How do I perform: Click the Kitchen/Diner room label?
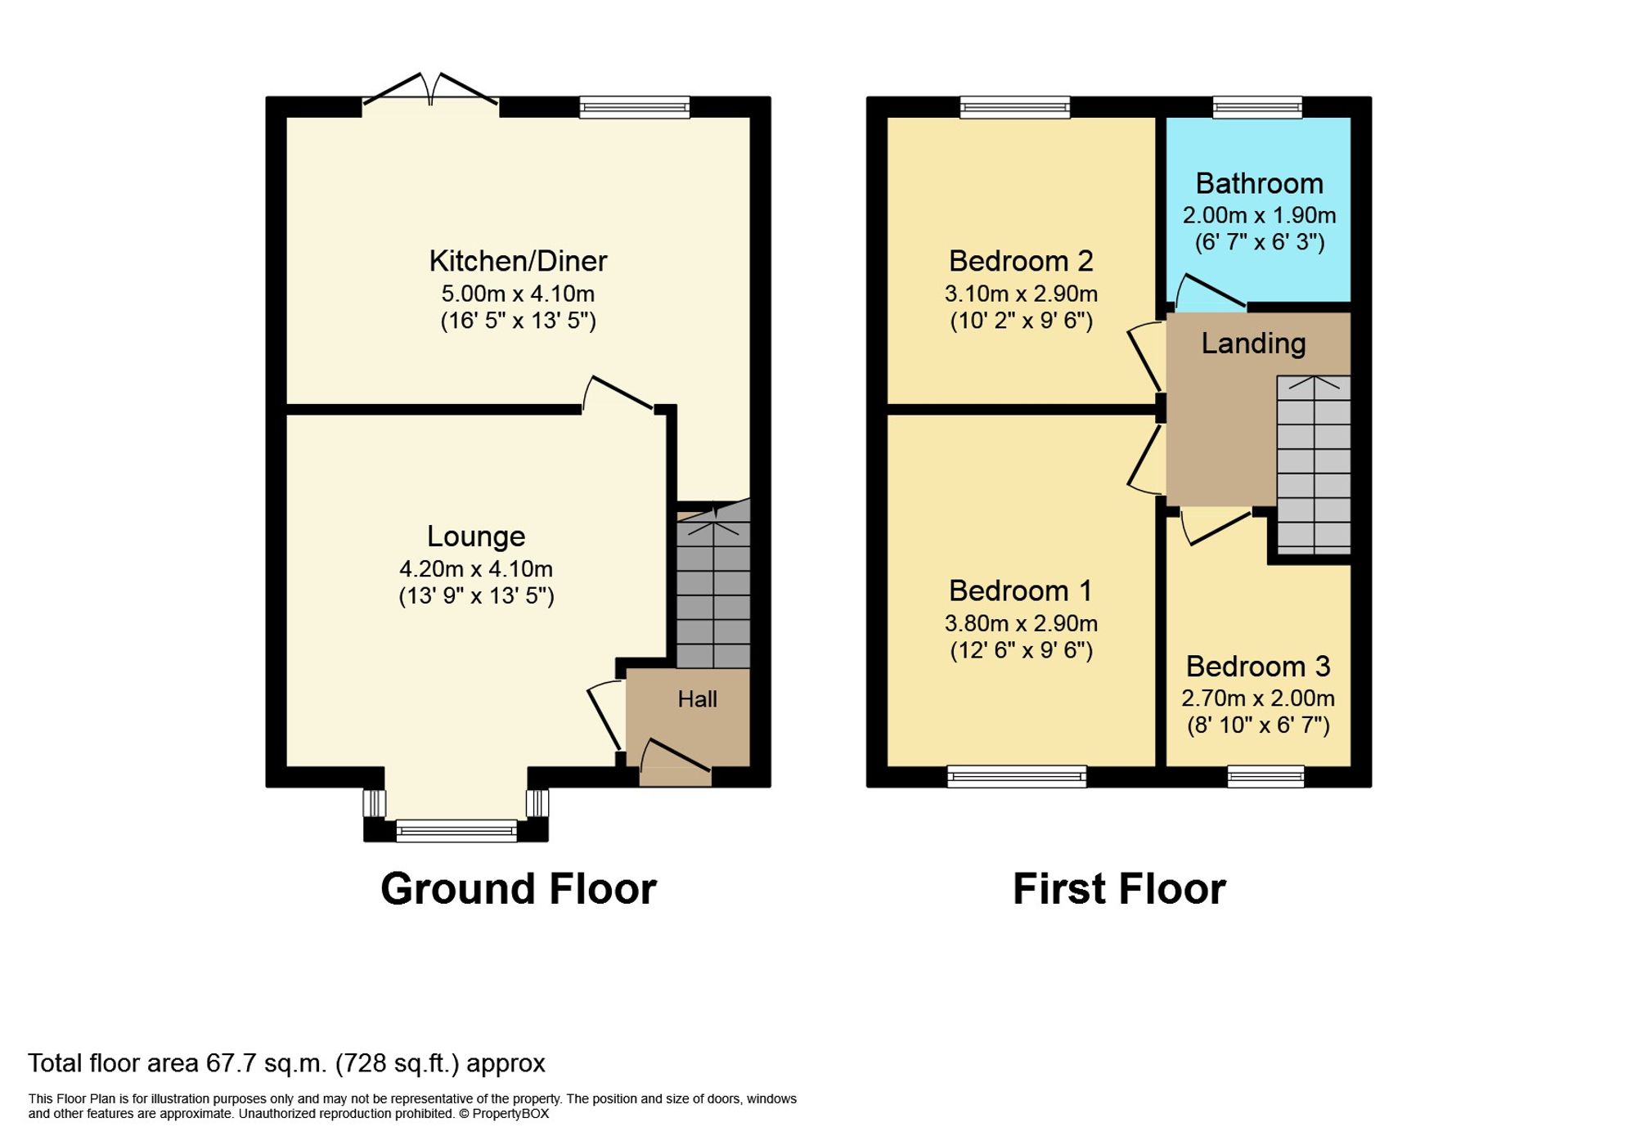click(518, 261)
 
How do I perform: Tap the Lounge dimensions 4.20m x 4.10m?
click(476, 568)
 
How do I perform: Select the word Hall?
click(697, 699)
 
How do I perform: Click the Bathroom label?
click(1259, 183)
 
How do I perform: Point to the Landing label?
click(1253, 343)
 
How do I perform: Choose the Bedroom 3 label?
click(1258, 667)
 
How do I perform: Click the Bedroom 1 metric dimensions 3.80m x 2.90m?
click(1021, 623)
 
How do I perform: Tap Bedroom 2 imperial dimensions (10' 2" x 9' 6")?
click(1021, 321)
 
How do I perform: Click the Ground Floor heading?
click(518, 889)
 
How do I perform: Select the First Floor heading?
click(1119, 889)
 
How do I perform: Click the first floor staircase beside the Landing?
click(1314, 465)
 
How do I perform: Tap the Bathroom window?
click(1257, 107)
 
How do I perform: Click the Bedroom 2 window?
click(1014, 107)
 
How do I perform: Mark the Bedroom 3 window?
click(1265, 776)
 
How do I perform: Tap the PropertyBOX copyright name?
click(510, 1114)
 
